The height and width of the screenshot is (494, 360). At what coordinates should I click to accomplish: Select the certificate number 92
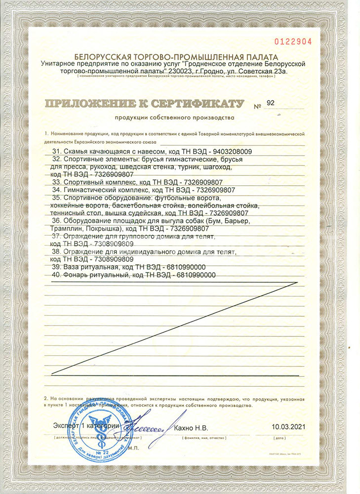270,103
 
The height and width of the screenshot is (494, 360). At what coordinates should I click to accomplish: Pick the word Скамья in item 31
74,151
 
